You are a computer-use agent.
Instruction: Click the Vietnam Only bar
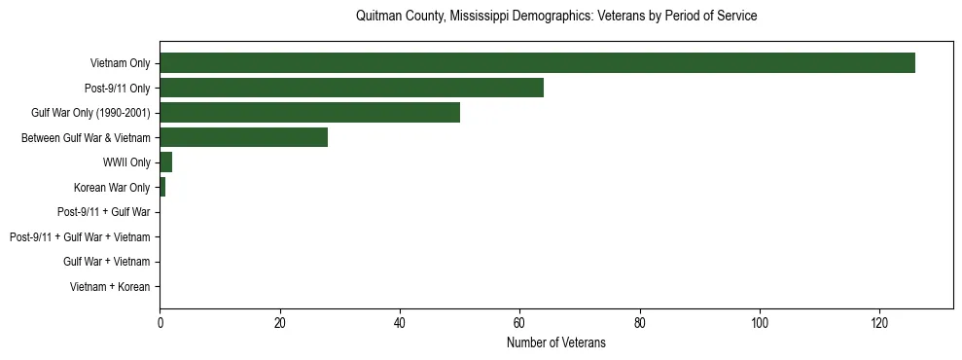pyautogui.click(x=537, y=63)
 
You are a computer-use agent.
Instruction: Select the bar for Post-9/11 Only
pyautogui.click(x=351, y=88)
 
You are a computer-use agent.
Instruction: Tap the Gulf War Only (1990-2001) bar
pyautogui.click(x=309, y=113)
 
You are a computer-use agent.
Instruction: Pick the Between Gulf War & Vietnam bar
pyautogui.click(x=243, y=137)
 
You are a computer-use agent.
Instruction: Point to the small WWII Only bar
pyautogui.click(x=165, y=162)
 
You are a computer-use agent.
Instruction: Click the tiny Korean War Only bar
pyautogui.click(x=162, y=187)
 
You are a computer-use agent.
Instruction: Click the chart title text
pyautogui.click(x=556, y=17)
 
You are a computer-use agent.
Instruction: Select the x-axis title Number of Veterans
pyautogui.click(x=556, y=342)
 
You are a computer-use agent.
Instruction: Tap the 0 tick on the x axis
pyautogui.click(x=160, y=323)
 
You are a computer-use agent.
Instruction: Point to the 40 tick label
pyautogui.click(x=400, y=323)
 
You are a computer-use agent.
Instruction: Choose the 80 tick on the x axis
pyautogui.click(x=640, y=323)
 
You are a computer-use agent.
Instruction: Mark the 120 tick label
pyautogui.click(x=879, y=323)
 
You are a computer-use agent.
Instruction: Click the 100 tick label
pyautogui.click(x=760, y=323)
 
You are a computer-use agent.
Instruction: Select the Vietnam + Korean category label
pyautogui.click(x=110, y=287)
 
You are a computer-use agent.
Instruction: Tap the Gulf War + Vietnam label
pyautogui.click(x=107, y=262)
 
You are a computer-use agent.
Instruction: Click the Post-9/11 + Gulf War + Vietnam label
pyautogui.click(x=80, y=237)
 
